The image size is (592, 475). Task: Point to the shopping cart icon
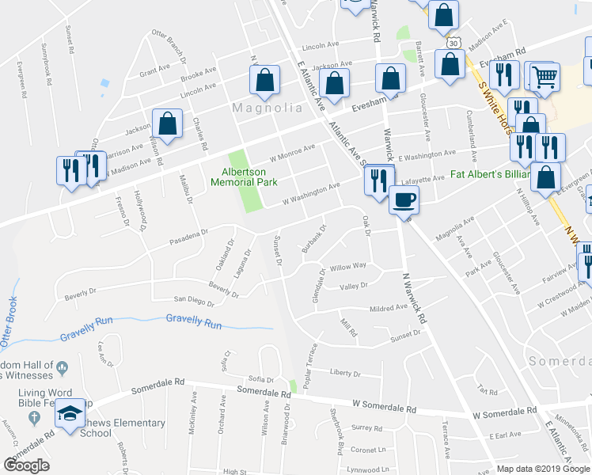[x=544, y=77]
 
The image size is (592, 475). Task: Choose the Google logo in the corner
[x=27, y=465]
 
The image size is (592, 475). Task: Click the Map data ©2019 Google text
[x=542, y=469]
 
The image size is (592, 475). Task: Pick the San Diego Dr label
[x=194, y=301]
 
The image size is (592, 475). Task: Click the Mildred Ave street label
[x=388, y=307]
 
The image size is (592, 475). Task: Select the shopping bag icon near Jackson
[x=167, y=123]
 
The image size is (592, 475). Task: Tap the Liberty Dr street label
[x=345, y=373]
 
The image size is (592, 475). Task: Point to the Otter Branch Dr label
[x=170, y=44]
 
